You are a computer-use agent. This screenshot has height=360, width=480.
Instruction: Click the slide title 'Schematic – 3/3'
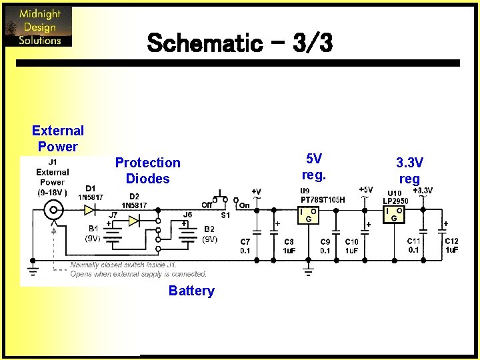(x=239, y=44)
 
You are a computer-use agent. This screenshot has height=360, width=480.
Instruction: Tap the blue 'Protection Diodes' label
(x=147, y=171)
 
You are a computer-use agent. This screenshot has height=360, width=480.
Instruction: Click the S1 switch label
(x=225, y=215)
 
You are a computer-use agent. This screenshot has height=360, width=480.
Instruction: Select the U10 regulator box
(x=395, y=215)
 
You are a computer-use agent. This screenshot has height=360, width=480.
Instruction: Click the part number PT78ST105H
(x=323, y=199)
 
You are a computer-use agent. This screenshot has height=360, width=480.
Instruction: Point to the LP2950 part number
(x=395, y=201)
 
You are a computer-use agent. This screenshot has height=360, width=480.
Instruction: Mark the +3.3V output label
(x=423, y=191)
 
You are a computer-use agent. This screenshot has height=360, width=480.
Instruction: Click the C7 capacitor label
(x=245, y=241)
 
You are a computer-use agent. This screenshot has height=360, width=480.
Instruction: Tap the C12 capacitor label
(x=451, y=241)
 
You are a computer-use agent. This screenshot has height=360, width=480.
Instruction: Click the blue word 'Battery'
(x=191, y=291)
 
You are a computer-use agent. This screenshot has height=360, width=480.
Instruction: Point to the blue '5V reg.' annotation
(x=313, y=167)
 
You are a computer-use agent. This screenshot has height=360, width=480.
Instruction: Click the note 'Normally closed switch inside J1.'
(x=127, y=265)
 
